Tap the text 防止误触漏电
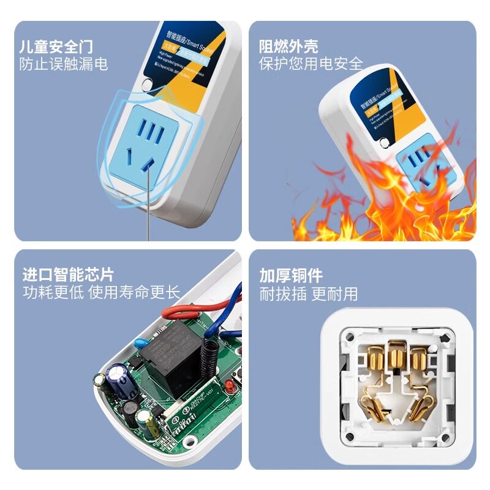(64, 64)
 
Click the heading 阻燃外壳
(288, 47)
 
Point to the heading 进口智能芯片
(68, 274)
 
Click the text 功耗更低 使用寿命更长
(102, 293)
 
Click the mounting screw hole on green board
(190, 440)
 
